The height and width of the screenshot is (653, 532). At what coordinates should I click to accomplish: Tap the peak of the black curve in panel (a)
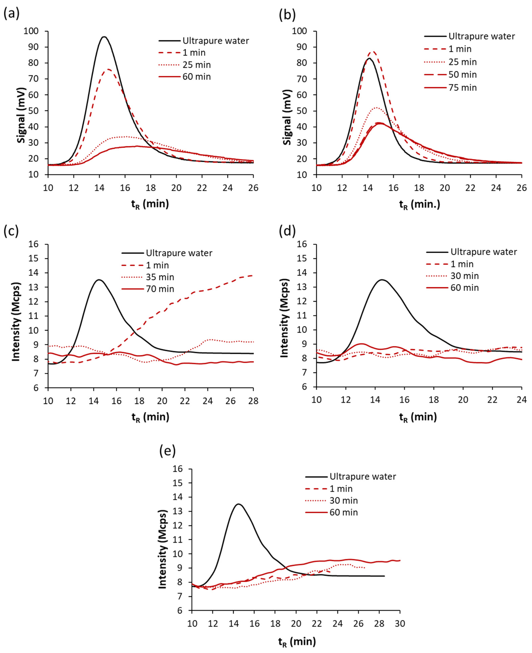click(x=104, y=37)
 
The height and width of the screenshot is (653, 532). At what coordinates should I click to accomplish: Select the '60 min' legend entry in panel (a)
click(x=196, y=77)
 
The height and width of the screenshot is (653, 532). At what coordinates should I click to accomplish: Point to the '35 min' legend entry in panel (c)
click(x=160, y=277)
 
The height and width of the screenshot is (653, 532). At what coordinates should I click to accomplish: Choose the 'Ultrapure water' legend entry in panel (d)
click(x=484, y=252)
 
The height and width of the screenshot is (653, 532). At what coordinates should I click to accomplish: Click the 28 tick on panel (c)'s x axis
click(x=253, y=401)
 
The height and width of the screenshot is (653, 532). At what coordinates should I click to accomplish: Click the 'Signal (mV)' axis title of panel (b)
click(x=287, y=117)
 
